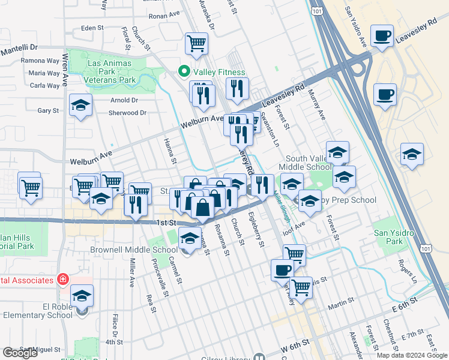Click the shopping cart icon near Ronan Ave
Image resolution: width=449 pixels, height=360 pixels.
pos(196,43)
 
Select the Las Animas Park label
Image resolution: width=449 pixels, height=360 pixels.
pos(111,64)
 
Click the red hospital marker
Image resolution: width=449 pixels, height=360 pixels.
pos(62,280)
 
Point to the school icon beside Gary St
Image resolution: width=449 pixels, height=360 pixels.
pos(81,106)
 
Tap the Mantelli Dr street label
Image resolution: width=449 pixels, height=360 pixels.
pos(19,46)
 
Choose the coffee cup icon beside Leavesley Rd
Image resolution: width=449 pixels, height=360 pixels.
pos(382,36)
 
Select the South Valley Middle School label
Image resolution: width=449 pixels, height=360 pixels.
pos(309,163)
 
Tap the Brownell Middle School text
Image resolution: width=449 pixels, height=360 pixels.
pos(134,250)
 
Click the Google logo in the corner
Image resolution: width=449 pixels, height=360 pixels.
pos(20,353)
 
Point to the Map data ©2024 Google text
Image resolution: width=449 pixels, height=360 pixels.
pos(412,355)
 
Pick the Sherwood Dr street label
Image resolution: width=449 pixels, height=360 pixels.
pos(127,113)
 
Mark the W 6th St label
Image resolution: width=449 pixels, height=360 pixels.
pos(294,343)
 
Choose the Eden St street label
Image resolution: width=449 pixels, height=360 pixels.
pos(92,28)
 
